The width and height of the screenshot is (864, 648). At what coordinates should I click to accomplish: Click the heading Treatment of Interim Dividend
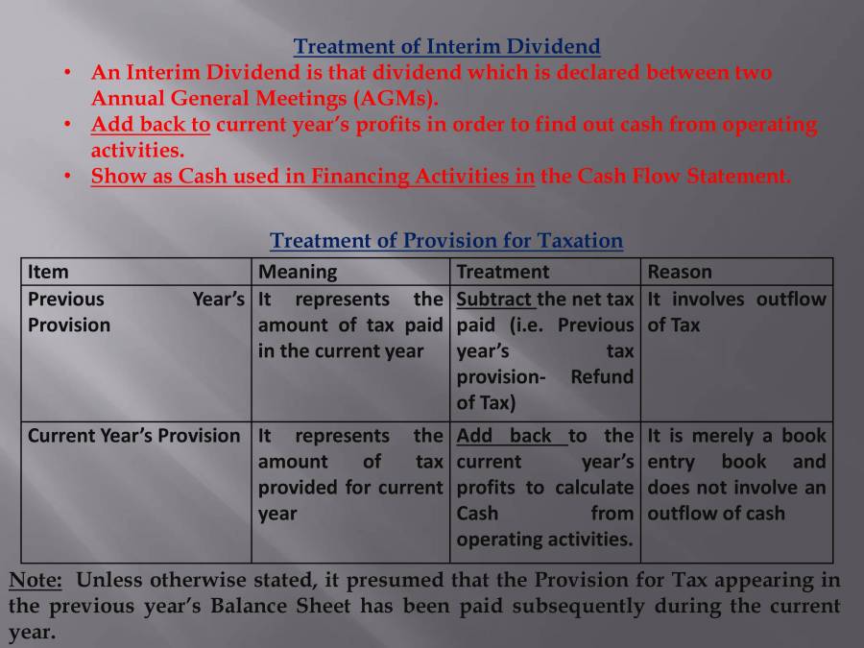pyautogui.click(x=446, y=46)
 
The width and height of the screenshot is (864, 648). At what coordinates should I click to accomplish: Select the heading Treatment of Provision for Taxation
pyautogui.click(x=446, y=241)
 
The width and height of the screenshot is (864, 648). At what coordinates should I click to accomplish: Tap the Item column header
pyautogui.click(x=48, y=272)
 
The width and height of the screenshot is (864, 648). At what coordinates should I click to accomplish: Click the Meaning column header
pyautogui.click(x=298, y=272)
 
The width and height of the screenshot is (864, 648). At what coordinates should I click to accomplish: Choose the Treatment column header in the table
pyautogui.click(x=502, y=272)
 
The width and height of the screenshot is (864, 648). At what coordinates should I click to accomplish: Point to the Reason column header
pyautogui.click(x=680, y=272)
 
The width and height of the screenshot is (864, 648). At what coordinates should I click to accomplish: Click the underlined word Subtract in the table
pyautogui.click(x=494, y=299)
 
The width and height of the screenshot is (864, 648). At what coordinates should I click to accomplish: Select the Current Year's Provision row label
pyautogui.click(x=133, y=436)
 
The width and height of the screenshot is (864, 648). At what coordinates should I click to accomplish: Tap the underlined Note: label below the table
pyautogui.click(x=36, y=581)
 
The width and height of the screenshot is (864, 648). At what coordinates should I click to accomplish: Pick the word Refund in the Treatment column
pyautogui.click(x=602, y=377)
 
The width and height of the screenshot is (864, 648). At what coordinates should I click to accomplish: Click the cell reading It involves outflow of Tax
pyautogui.click(x=736, y=312)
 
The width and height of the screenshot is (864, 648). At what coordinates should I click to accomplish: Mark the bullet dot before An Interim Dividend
pyautogui.click(x=68, y=73)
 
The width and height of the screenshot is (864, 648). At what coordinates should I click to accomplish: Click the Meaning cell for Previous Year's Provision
pyautogui.click(x=350, y=325)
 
